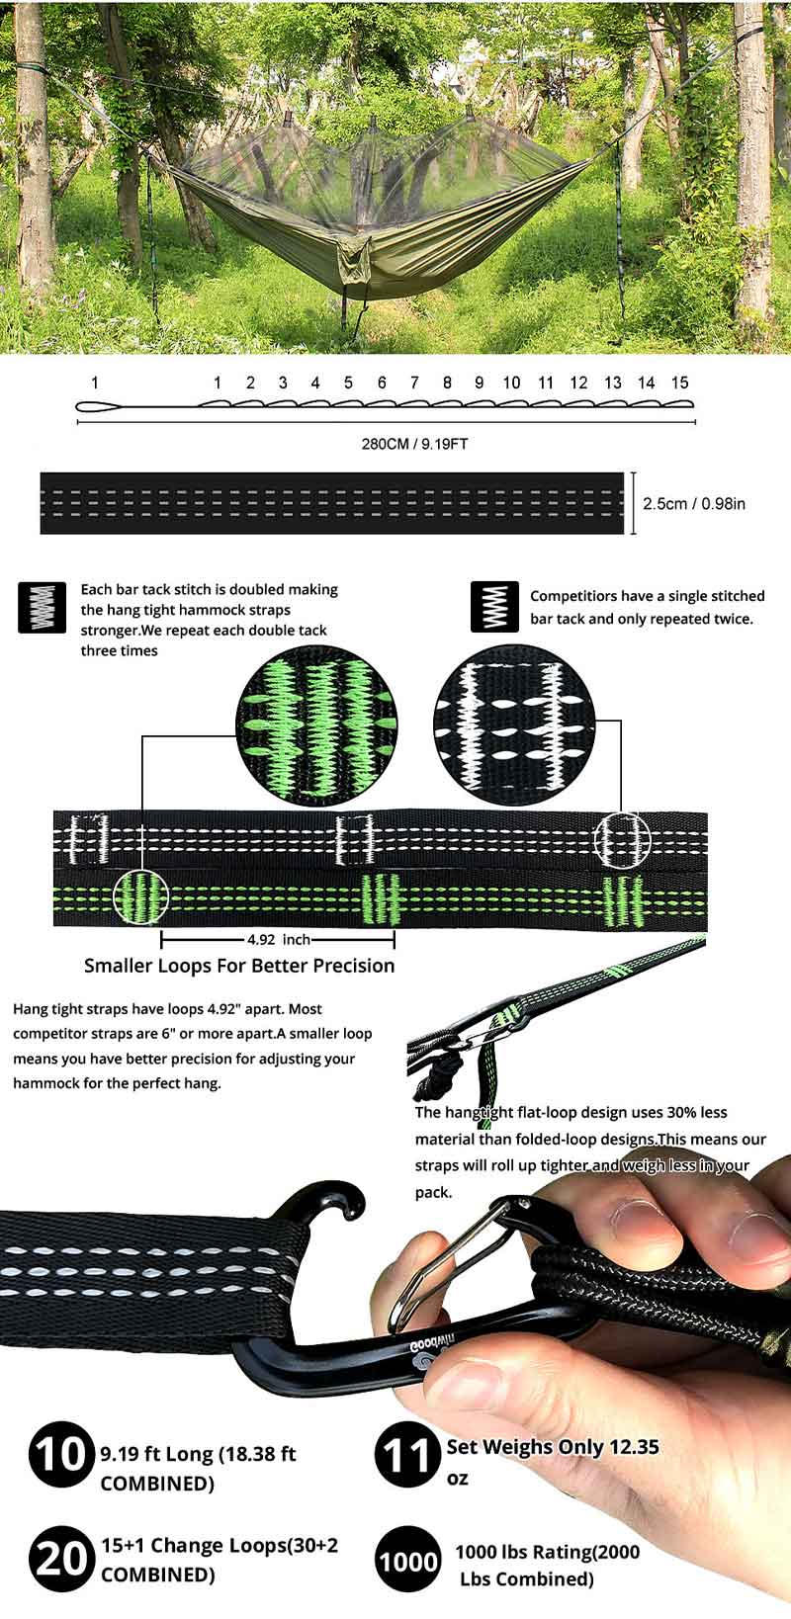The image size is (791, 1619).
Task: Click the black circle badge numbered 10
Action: (x=61, y=1454)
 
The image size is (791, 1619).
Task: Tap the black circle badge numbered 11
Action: (x=407, y=1454)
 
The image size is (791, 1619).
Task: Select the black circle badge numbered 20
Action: (x=61, y=1559)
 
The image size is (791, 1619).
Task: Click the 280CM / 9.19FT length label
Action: (x=414, y=444)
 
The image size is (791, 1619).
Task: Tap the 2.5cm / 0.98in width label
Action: (x=693, y=503)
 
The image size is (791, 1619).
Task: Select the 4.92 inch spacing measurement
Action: (x=279, y=939)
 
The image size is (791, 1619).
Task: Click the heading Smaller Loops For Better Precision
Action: (x=239, y=966)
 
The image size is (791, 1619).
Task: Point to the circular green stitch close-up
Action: (x=316, y=724)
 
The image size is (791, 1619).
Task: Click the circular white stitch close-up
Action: (x=513, y=724)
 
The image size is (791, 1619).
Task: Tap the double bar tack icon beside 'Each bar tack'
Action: (x=42, y=607)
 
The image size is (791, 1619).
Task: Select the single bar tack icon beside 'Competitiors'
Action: (x=494, y=607)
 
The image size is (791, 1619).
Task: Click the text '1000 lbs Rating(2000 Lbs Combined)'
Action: (x=548, y=1565)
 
